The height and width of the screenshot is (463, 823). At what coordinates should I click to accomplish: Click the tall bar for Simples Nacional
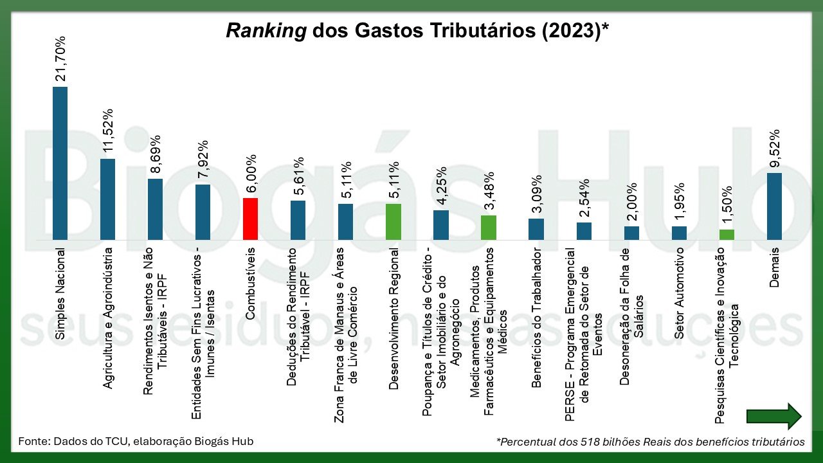point(60,163)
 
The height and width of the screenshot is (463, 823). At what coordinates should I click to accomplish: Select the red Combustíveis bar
point(250,219)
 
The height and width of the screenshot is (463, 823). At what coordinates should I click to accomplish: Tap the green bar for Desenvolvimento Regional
point(393,222)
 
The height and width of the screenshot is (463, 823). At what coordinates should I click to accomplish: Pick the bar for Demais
point(774,206)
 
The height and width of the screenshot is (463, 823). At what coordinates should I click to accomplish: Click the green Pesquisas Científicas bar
point(727,235)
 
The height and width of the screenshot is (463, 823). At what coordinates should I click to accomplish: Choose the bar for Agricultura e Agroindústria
point(107,199)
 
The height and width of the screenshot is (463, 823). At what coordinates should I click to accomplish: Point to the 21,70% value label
point(60,59)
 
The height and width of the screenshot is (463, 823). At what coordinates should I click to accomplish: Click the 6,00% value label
point(251,174)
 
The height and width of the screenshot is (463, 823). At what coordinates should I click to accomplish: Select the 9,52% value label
point(775,149)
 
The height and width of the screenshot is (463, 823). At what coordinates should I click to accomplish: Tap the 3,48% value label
point(489,191)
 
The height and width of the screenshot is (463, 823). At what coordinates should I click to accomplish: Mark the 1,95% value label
point(680,202)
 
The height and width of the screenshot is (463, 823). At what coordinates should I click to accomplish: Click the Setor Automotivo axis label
point(680,293)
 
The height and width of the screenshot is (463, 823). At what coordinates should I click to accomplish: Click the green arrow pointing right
point(773,417)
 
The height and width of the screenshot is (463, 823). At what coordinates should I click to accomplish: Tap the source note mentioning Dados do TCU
point(136,441)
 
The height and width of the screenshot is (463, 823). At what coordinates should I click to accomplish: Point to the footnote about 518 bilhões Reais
point(650,442)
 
